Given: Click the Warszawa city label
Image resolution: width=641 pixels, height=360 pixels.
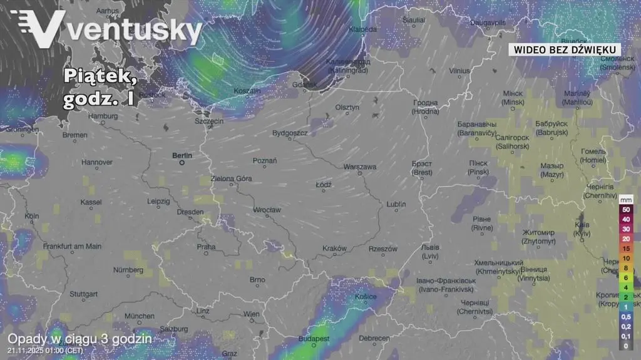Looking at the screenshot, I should tap(359, 167).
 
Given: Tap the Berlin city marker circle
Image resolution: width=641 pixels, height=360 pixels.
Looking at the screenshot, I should tap(182, 162).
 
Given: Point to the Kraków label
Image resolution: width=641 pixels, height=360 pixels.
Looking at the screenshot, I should tap(334, 249).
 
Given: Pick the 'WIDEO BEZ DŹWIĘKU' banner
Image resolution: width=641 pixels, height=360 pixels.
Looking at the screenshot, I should tap(564, 49).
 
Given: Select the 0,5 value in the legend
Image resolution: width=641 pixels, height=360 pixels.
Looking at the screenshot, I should tap(625, 317).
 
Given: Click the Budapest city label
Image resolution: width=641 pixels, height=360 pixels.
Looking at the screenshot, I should tap(314, 338).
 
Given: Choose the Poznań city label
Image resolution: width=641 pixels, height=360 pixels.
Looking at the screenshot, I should tap(265, 161).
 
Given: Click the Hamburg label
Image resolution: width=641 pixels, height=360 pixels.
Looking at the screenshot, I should tap(103, 116).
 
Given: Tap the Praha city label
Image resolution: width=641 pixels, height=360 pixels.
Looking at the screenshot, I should tap(206, 247).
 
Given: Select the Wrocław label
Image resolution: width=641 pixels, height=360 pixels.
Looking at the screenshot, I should tap(267, 210).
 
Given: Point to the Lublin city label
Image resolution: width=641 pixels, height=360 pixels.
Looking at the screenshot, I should tap(396, 205).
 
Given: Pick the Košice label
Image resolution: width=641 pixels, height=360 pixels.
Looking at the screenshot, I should tap(366, 297).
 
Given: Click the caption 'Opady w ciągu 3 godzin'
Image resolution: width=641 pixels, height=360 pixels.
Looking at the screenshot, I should tap(79, 338).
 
